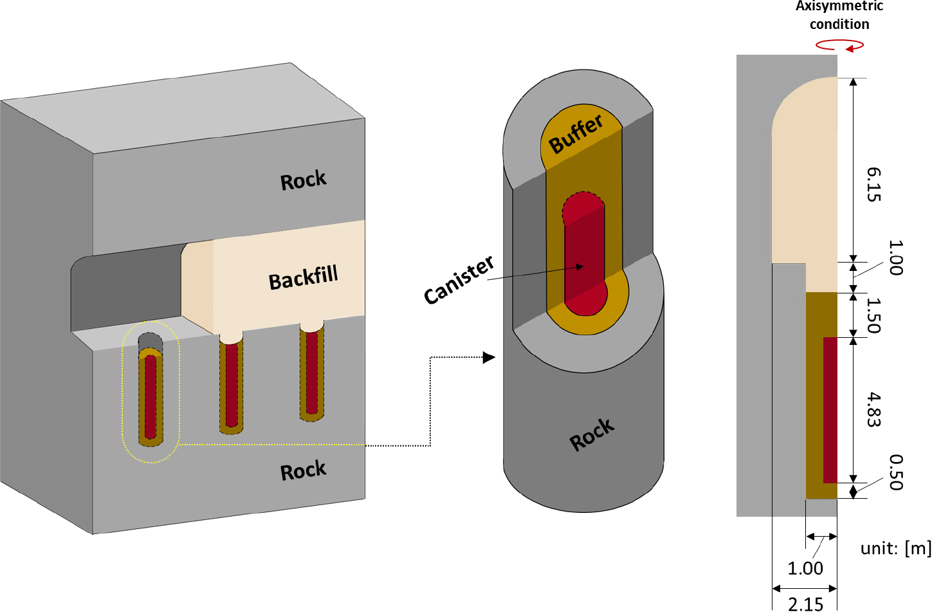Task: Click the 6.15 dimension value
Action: tap(873, 184)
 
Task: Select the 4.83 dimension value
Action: tap(873, 409)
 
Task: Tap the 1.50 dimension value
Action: tap(873, 315)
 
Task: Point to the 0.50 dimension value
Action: tap(896, 472)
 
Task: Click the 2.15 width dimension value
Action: tap(805, 604)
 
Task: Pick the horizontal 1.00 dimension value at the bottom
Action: tap(805, 568)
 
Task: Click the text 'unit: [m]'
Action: tap(895, 548)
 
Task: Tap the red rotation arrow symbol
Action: tap(839, 45)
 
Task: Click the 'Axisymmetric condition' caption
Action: tap(839, 15)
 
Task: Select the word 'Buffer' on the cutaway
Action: tap(576, 134)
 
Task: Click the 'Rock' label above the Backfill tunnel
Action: tap(303, 180)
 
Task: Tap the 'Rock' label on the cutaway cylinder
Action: tap(592, 435)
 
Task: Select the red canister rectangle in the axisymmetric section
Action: tap(830, 409)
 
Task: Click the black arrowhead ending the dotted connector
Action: tap(489, 357)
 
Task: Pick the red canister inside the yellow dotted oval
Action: tap(151, 396)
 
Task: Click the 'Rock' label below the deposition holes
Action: tap(303, 471)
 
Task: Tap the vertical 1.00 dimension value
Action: tap(895, 257)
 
